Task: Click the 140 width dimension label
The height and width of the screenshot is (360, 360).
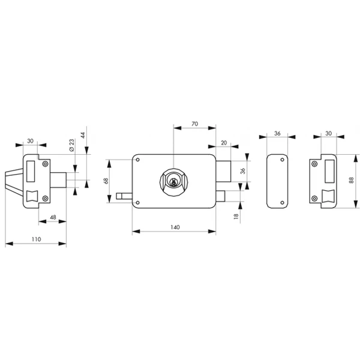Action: click(174, 228)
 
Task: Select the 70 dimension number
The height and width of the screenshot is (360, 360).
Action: click(194, 124)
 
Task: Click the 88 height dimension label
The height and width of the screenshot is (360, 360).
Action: click(350, 180)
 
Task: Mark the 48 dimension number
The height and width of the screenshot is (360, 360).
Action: click(53, 217)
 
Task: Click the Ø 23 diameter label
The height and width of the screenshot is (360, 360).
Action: click(71, 144)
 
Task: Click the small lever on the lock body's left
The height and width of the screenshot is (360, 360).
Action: click(125, 195)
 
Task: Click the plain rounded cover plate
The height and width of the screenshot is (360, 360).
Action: click(277, 180)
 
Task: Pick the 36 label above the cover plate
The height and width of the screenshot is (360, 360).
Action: click(277, 134)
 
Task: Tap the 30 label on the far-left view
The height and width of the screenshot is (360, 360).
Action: click(30, 142)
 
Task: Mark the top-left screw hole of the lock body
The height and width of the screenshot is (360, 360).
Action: click(138, 160)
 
